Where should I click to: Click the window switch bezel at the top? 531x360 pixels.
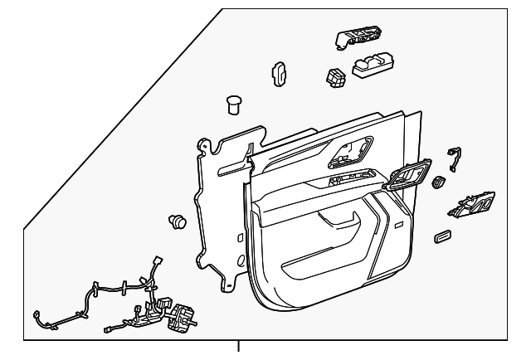357,39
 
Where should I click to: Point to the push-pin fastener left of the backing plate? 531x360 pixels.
177,221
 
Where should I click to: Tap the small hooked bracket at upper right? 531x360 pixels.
453,154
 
